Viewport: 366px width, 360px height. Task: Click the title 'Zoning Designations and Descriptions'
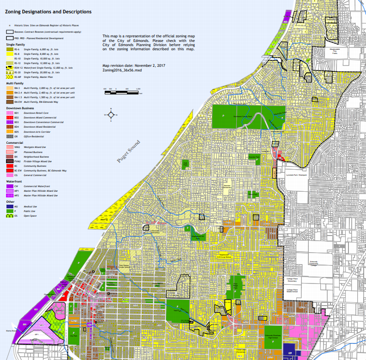coord(48,12)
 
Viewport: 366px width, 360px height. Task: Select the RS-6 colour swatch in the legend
coord(9,49)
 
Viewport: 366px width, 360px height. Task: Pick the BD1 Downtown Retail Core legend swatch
coord(9,112)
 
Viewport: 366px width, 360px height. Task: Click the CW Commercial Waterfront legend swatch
coord(9,186)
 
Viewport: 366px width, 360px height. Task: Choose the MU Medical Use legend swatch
coord(9,207)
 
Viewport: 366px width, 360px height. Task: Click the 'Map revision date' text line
coord(134,65)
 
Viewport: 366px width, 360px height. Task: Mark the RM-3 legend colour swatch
coord(9,88)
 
